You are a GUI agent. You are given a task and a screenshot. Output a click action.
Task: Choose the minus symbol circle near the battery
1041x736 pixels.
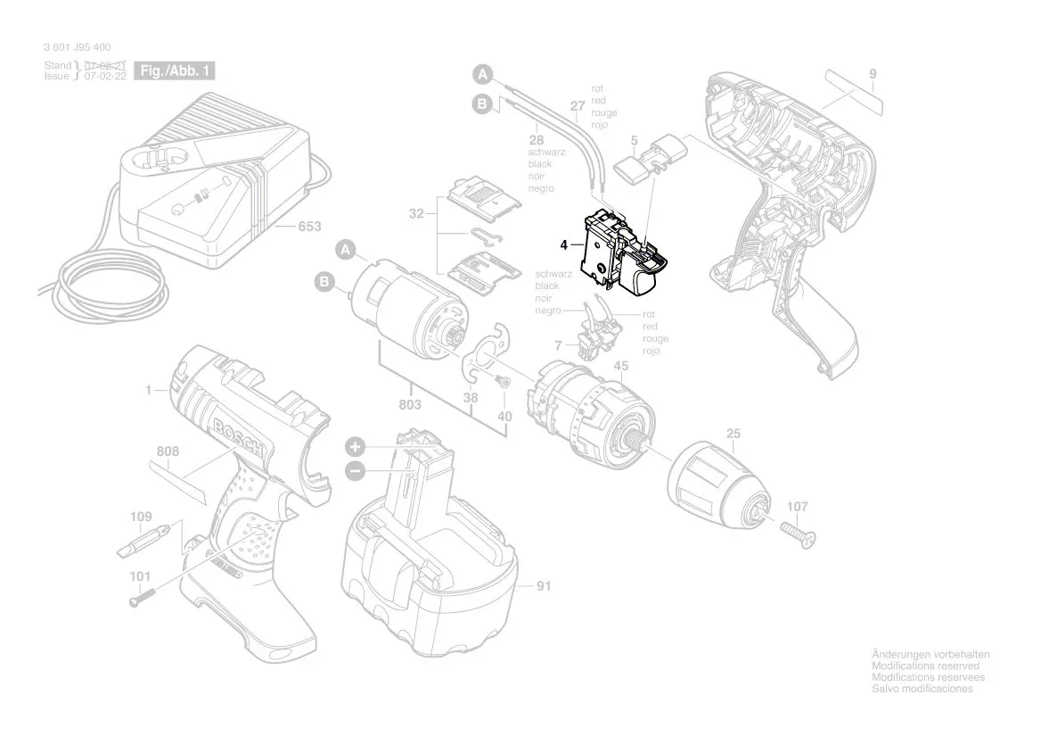tap(355, 470)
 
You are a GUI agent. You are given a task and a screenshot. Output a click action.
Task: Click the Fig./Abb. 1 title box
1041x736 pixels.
tap(174, 70)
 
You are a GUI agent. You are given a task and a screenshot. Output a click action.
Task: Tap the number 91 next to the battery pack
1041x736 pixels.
tap(545, 587)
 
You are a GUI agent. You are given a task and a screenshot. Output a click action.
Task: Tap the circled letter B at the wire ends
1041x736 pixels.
tap(482, 105)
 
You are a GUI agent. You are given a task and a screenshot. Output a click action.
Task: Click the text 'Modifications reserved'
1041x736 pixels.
tap(924, 666)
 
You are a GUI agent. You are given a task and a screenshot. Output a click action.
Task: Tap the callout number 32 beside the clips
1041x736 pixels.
tap(416, 214)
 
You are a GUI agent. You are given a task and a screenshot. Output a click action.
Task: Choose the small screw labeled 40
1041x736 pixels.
tap(503, 379)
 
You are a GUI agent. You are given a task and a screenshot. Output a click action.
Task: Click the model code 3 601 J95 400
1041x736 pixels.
tap(78, 47)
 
